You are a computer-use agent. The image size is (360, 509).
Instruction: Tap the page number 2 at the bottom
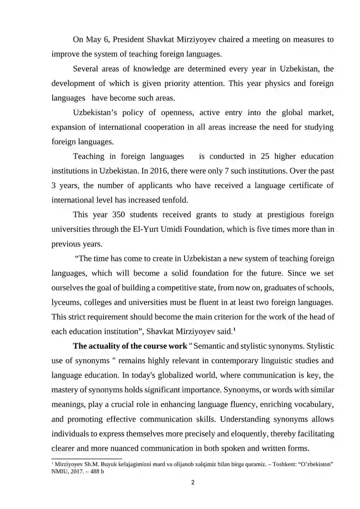pos(193,483)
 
